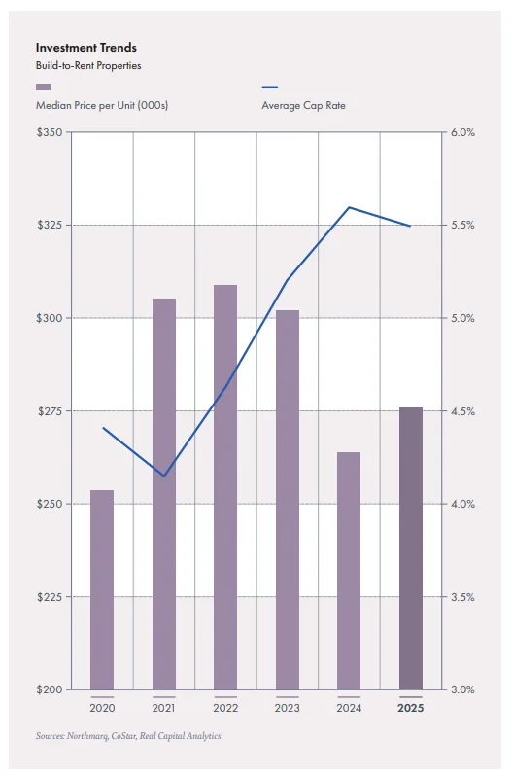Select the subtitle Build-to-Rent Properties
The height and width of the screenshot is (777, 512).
[x=88, y=66]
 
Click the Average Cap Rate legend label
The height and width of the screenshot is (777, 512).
[x=303, y=105]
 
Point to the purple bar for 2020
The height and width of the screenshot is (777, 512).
[x=102, y=589]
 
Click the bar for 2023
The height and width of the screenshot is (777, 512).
[x=288, y=500]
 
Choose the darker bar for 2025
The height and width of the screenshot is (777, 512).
[x=411, y=548]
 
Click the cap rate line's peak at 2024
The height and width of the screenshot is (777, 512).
[x=349, y=207]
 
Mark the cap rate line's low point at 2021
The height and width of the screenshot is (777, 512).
[x=163, y=477]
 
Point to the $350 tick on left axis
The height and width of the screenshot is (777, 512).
[x=49, y=132]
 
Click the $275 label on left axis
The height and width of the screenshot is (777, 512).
[x=49, y=411]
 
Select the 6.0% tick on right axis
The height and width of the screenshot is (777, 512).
[x=463, y=132]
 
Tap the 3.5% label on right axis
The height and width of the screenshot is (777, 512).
[x=463, y=597]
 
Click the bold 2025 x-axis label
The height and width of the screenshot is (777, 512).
[x=411, y=708]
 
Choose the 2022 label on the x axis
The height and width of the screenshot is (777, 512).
[x=225, y=708]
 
